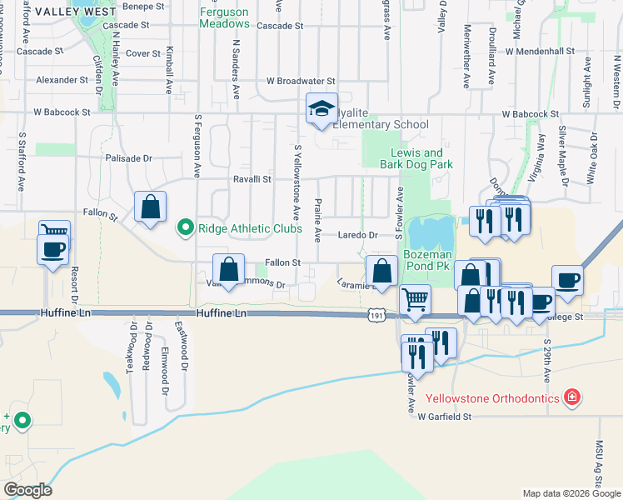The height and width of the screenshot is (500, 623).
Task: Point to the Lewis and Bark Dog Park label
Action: click(x=422, y=158)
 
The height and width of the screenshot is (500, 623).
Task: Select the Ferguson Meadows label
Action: click(x=225, y=17)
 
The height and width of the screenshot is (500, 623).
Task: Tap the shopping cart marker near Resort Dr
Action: click(x=54, y=232)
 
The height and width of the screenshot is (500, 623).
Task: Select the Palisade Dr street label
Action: click(x=129, y=157)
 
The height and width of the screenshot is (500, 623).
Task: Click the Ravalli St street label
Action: click(x=252, y=179)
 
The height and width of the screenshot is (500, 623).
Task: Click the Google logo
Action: click(x=27, y=490)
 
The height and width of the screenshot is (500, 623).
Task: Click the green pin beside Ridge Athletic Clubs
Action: click(x=186, y=226)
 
